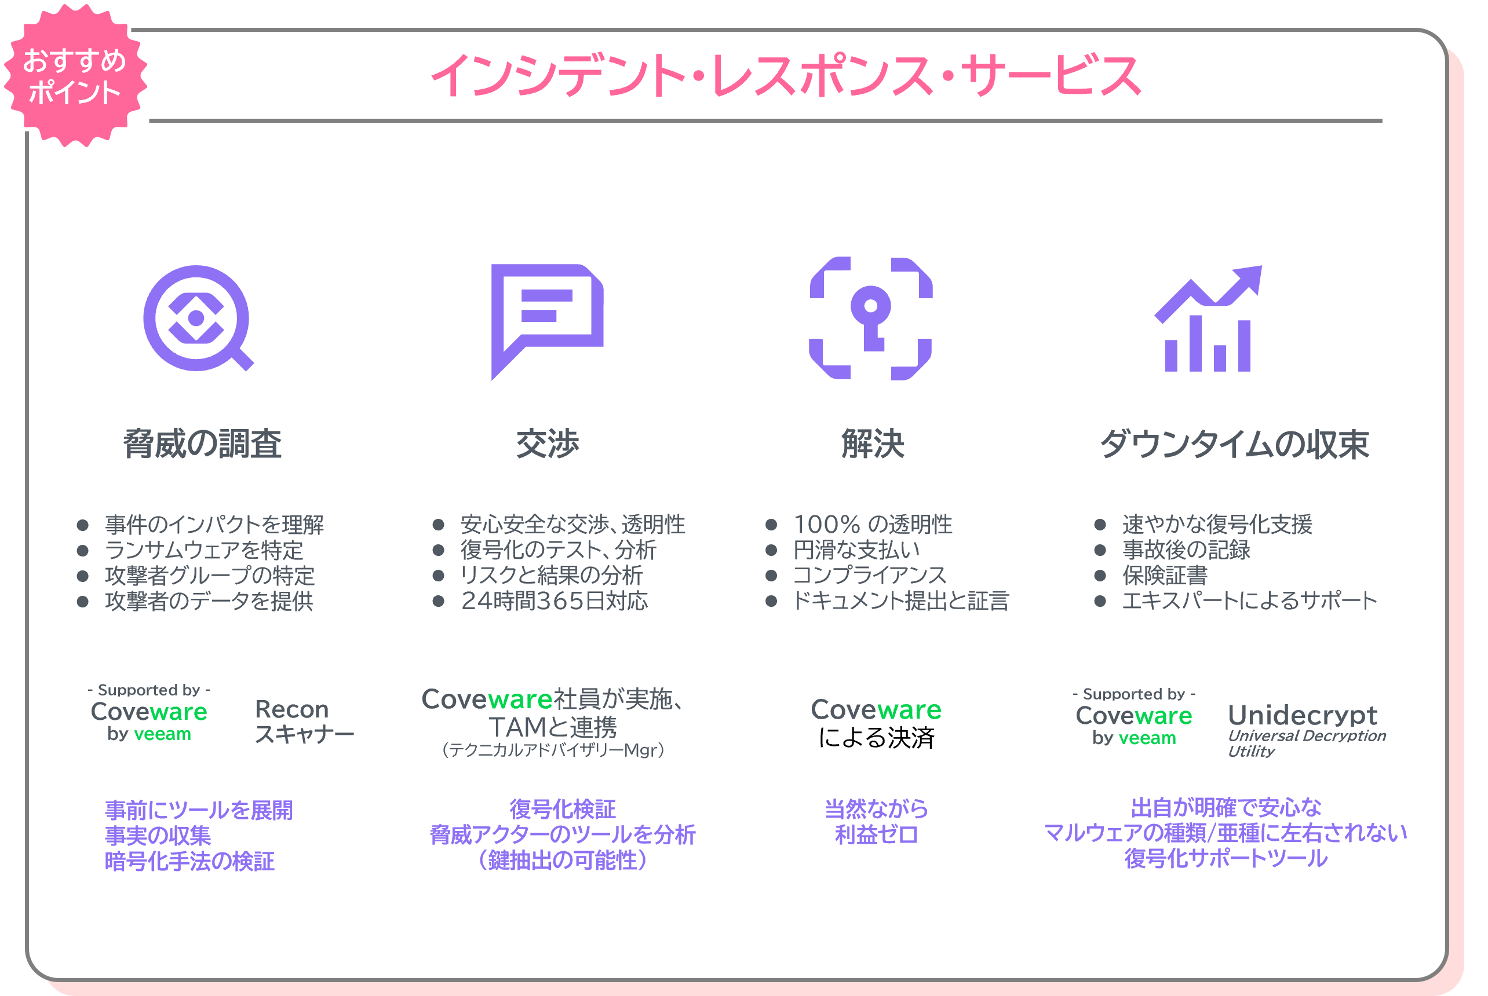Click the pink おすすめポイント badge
click(x=74, y=75)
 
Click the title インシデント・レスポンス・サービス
click(x=786, y=76)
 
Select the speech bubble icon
click(x=546, y=317)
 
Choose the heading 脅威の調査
click(x=202, y=444)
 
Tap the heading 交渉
click(x=547, y=444)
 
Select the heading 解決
click(x=872, y=444)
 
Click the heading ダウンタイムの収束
click(x=1234, y=444)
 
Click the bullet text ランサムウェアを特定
click(x=204, y=550)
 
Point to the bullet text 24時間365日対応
click(x=555, y=601)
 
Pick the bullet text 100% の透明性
click(x=873, y=525)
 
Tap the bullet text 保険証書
click(x=1165, y=576)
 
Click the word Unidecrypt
click(x=1303, y=715)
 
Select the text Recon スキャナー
click(x=304, y=722)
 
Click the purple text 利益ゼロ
click(x=877, y=834)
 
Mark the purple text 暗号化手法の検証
click(x=189, y=861)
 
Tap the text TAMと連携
click(x=552, y=727)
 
